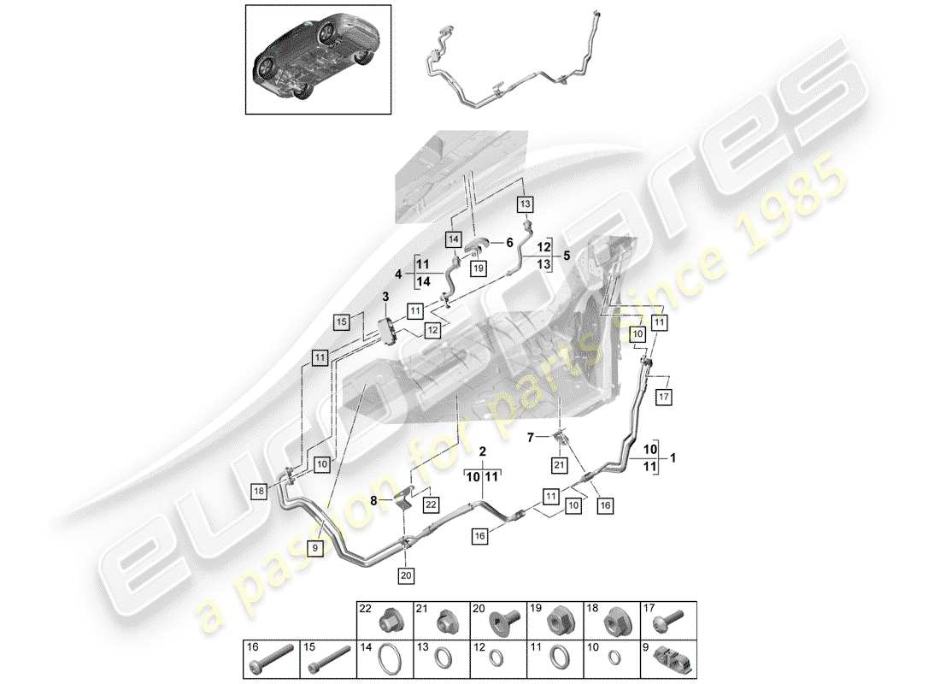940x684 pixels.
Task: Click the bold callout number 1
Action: (673, 457)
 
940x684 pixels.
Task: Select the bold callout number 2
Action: (482, 451)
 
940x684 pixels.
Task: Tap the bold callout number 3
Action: (385, 296)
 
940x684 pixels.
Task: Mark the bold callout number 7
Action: (530, 437)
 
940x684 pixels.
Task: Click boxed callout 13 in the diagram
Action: (524, 204)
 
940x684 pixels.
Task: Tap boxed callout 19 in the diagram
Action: (478, 268)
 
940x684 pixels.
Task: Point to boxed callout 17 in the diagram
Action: (664, 396)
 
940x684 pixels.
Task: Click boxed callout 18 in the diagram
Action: (259, 490)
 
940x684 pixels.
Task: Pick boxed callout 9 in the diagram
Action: (314, 546)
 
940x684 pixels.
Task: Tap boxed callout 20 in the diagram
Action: (406, 575)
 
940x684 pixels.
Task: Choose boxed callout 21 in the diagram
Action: (559, 465)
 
